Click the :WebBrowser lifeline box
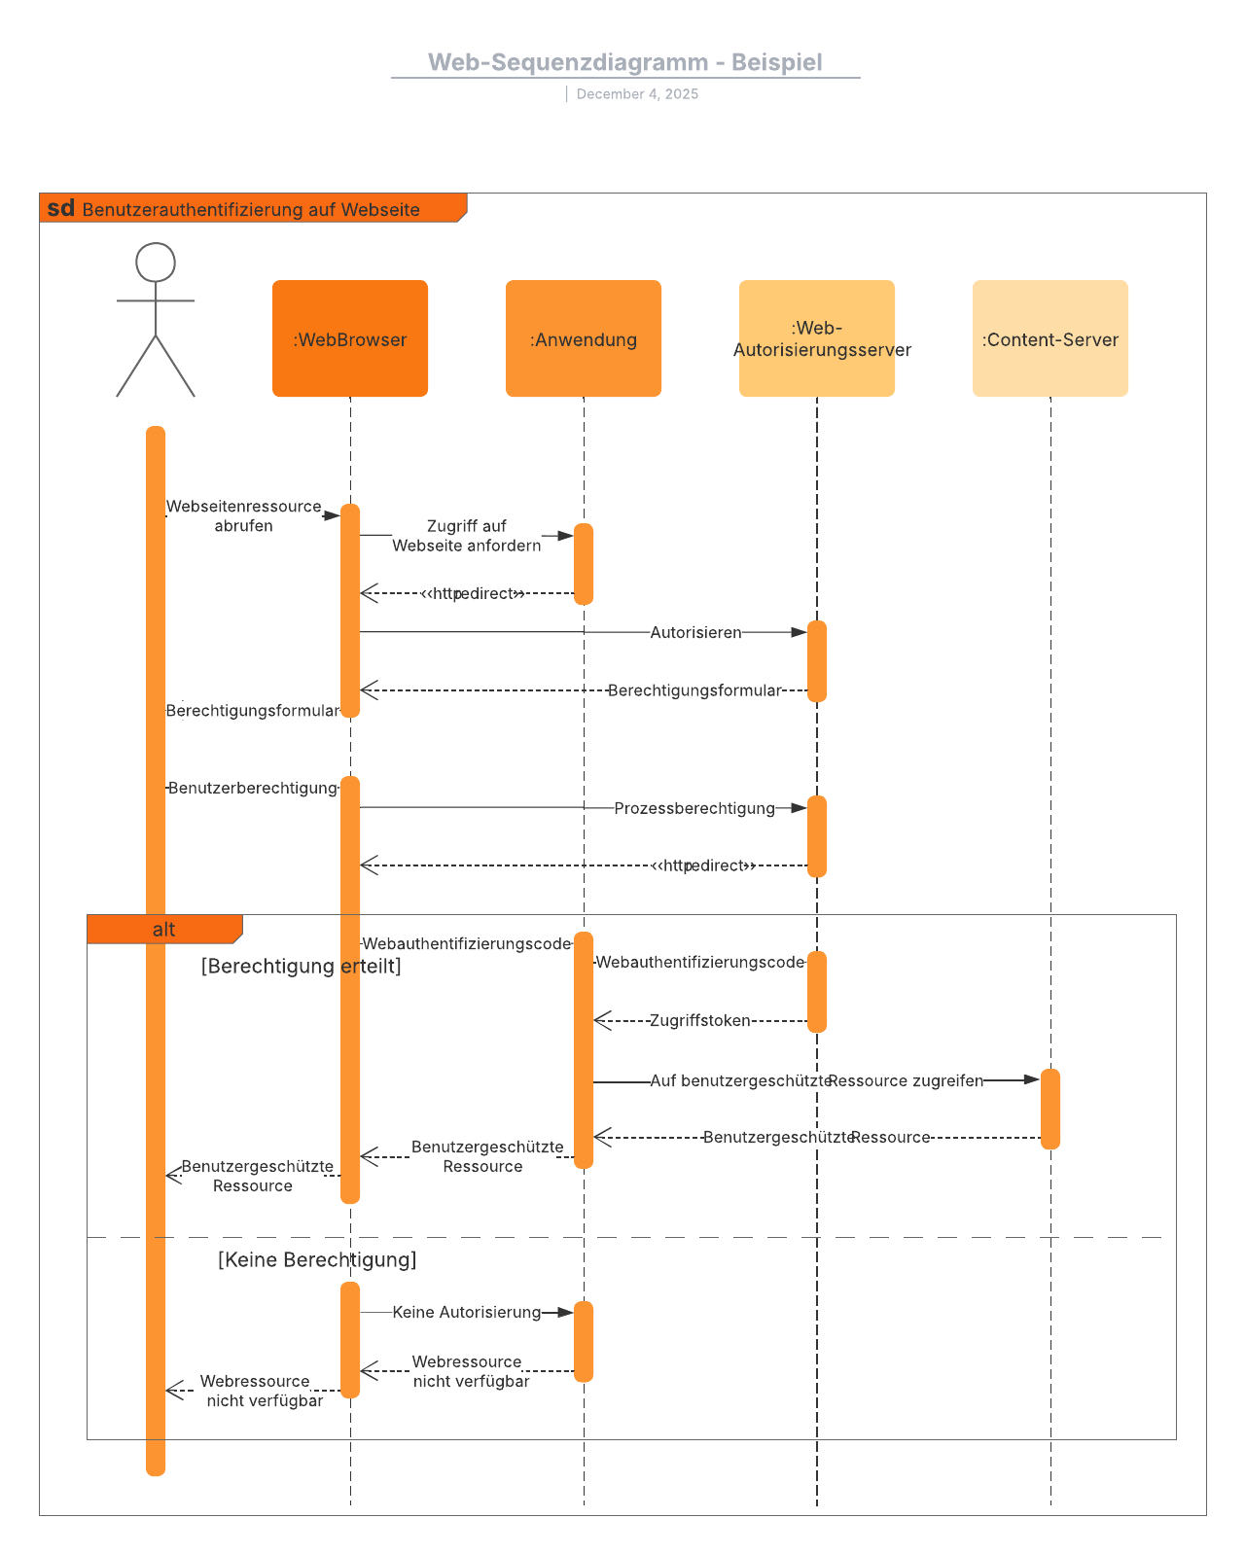[350, 338]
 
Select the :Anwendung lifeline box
[584, 338]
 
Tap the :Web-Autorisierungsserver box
[817, 338]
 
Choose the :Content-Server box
[1050, 338]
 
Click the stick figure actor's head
[156, 263]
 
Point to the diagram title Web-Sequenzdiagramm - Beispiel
[625, 62]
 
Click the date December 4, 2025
[637, 94]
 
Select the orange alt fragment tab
[163, 930]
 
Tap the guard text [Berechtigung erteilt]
[301, 966]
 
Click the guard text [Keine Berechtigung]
[317, 1259]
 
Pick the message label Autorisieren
[695, 632]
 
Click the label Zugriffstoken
[700, 1020]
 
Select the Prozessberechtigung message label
[694, 808]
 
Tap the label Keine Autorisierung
[467, 1312]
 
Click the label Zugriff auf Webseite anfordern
[467, 536]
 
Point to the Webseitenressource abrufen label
[243, 515]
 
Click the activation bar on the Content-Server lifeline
[1050, 1109]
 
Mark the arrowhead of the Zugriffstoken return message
[601, 1020]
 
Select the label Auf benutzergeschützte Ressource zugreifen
[817, 1080]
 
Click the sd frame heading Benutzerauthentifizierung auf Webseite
[251, 209]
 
